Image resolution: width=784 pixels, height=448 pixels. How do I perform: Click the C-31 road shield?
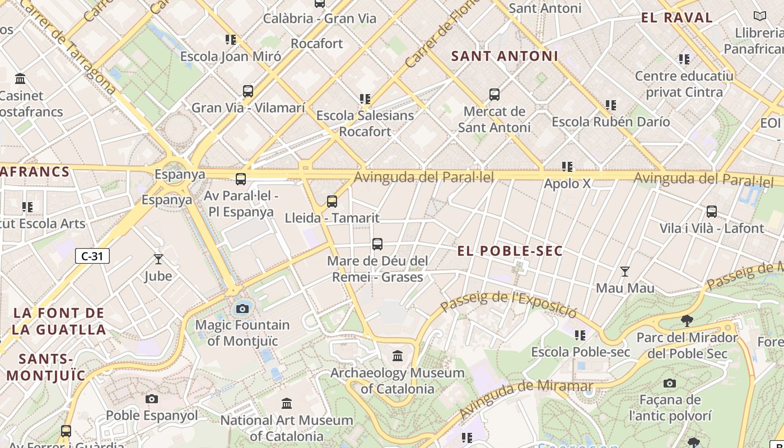(x=92, y=256)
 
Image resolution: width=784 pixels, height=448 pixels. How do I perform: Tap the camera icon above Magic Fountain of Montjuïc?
(x=242, y=309)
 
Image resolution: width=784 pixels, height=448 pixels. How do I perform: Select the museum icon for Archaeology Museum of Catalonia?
(x=398, y=356)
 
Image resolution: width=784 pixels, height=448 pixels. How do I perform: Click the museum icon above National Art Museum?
(x=287, y=403)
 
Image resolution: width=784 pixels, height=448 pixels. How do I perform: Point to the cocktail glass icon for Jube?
(x=158, y=259)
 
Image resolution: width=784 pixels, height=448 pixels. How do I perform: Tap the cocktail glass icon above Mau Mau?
(x=625, y=272)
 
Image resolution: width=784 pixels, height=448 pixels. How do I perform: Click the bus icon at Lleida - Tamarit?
(x=332, y=201)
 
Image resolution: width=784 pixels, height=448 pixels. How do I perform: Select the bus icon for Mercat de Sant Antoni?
(x=494, y=94)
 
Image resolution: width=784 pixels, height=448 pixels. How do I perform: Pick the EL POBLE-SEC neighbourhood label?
(x=510, y=251)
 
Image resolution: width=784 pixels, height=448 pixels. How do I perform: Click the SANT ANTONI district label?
(x=505, y=56)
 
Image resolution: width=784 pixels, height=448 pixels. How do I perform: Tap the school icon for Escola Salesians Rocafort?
(x=365, y=99)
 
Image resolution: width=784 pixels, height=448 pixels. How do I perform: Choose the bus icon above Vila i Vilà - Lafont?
(x=711, y=212)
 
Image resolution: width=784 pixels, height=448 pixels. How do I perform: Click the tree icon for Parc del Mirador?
(x=687, y=321)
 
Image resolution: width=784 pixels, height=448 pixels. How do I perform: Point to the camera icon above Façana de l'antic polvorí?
(x=669, y=384)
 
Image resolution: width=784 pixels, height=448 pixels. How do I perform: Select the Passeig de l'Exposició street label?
(x=508, y=302)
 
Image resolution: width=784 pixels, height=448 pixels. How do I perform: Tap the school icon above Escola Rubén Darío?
(x=611, y=105)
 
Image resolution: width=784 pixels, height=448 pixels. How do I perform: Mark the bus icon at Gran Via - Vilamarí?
(x=248, y=91)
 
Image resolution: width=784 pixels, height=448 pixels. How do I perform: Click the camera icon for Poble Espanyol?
(x=152, y=399)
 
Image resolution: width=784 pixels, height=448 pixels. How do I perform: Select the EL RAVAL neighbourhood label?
(x=677, y=17)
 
